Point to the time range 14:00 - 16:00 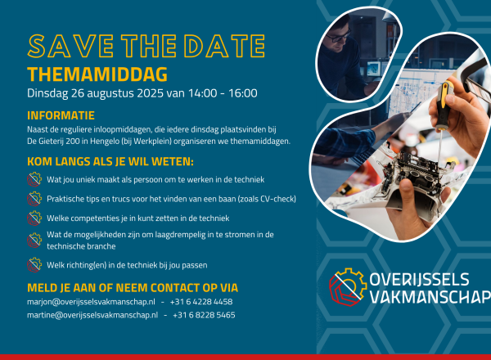pyautogui.click(x=218, y=93)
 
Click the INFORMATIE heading pyautogui.click(x=61, y=115)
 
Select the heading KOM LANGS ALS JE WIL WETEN pyautogui.click(x=110, y=160)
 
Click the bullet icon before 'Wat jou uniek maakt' pyautogui.click(x=34, y=178)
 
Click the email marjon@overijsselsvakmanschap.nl pyautogui.click(x=92, y=302)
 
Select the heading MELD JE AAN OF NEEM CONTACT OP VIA pyautogui.click(x=133, y=286)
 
